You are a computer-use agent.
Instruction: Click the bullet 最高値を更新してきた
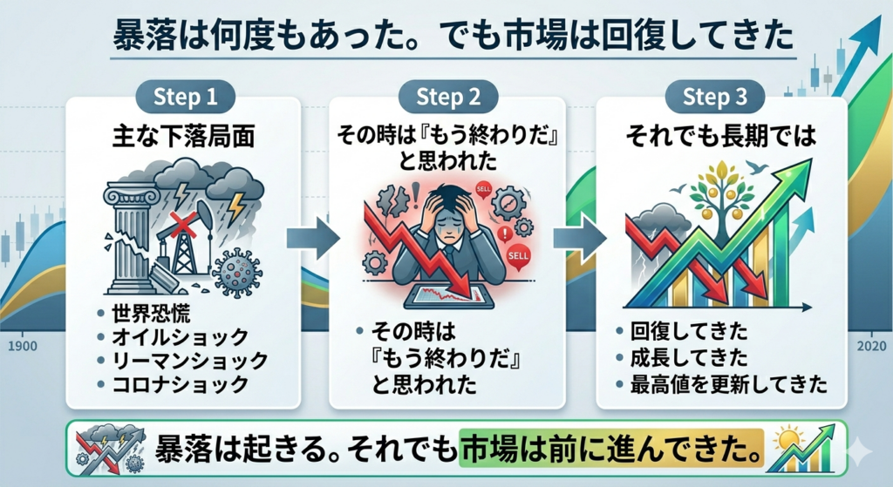click(729, 383)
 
